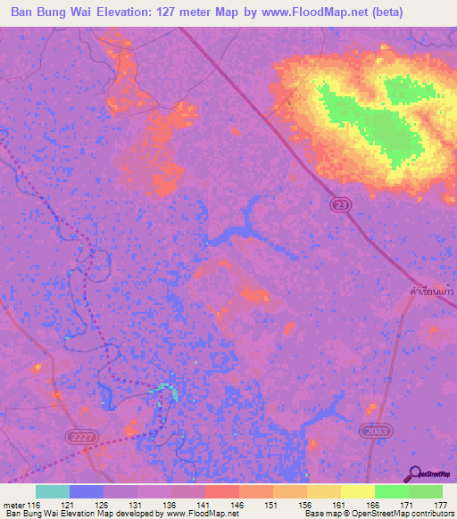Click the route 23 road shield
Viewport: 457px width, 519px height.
point(345,206)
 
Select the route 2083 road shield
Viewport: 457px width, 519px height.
point(375,431)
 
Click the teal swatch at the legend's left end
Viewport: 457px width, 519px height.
point(53,491)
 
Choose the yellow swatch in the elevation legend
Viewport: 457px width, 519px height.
point(356,491)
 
